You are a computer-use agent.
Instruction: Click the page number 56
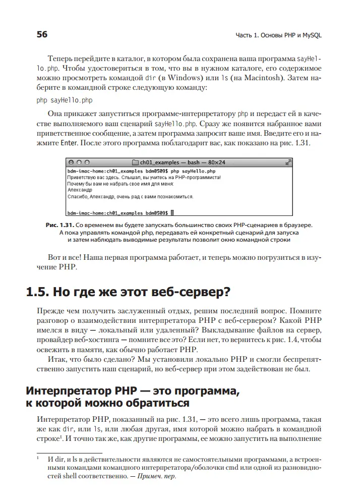click(42, 34)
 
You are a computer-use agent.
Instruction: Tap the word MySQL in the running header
click(310, 35)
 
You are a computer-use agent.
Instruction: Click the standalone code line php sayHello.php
click(64, 100)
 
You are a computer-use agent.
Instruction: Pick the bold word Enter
click(69, 143)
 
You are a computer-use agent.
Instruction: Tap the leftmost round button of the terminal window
click(72, 163)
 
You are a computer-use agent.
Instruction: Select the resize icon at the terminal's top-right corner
click(288, 163)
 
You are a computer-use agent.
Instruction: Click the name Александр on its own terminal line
click(79, 190)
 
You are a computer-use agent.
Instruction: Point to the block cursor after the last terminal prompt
click(172, 213)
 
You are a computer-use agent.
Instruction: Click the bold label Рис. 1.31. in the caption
click(60, 225)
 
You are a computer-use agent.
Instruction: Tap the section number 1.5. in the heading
click(41, 292)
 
